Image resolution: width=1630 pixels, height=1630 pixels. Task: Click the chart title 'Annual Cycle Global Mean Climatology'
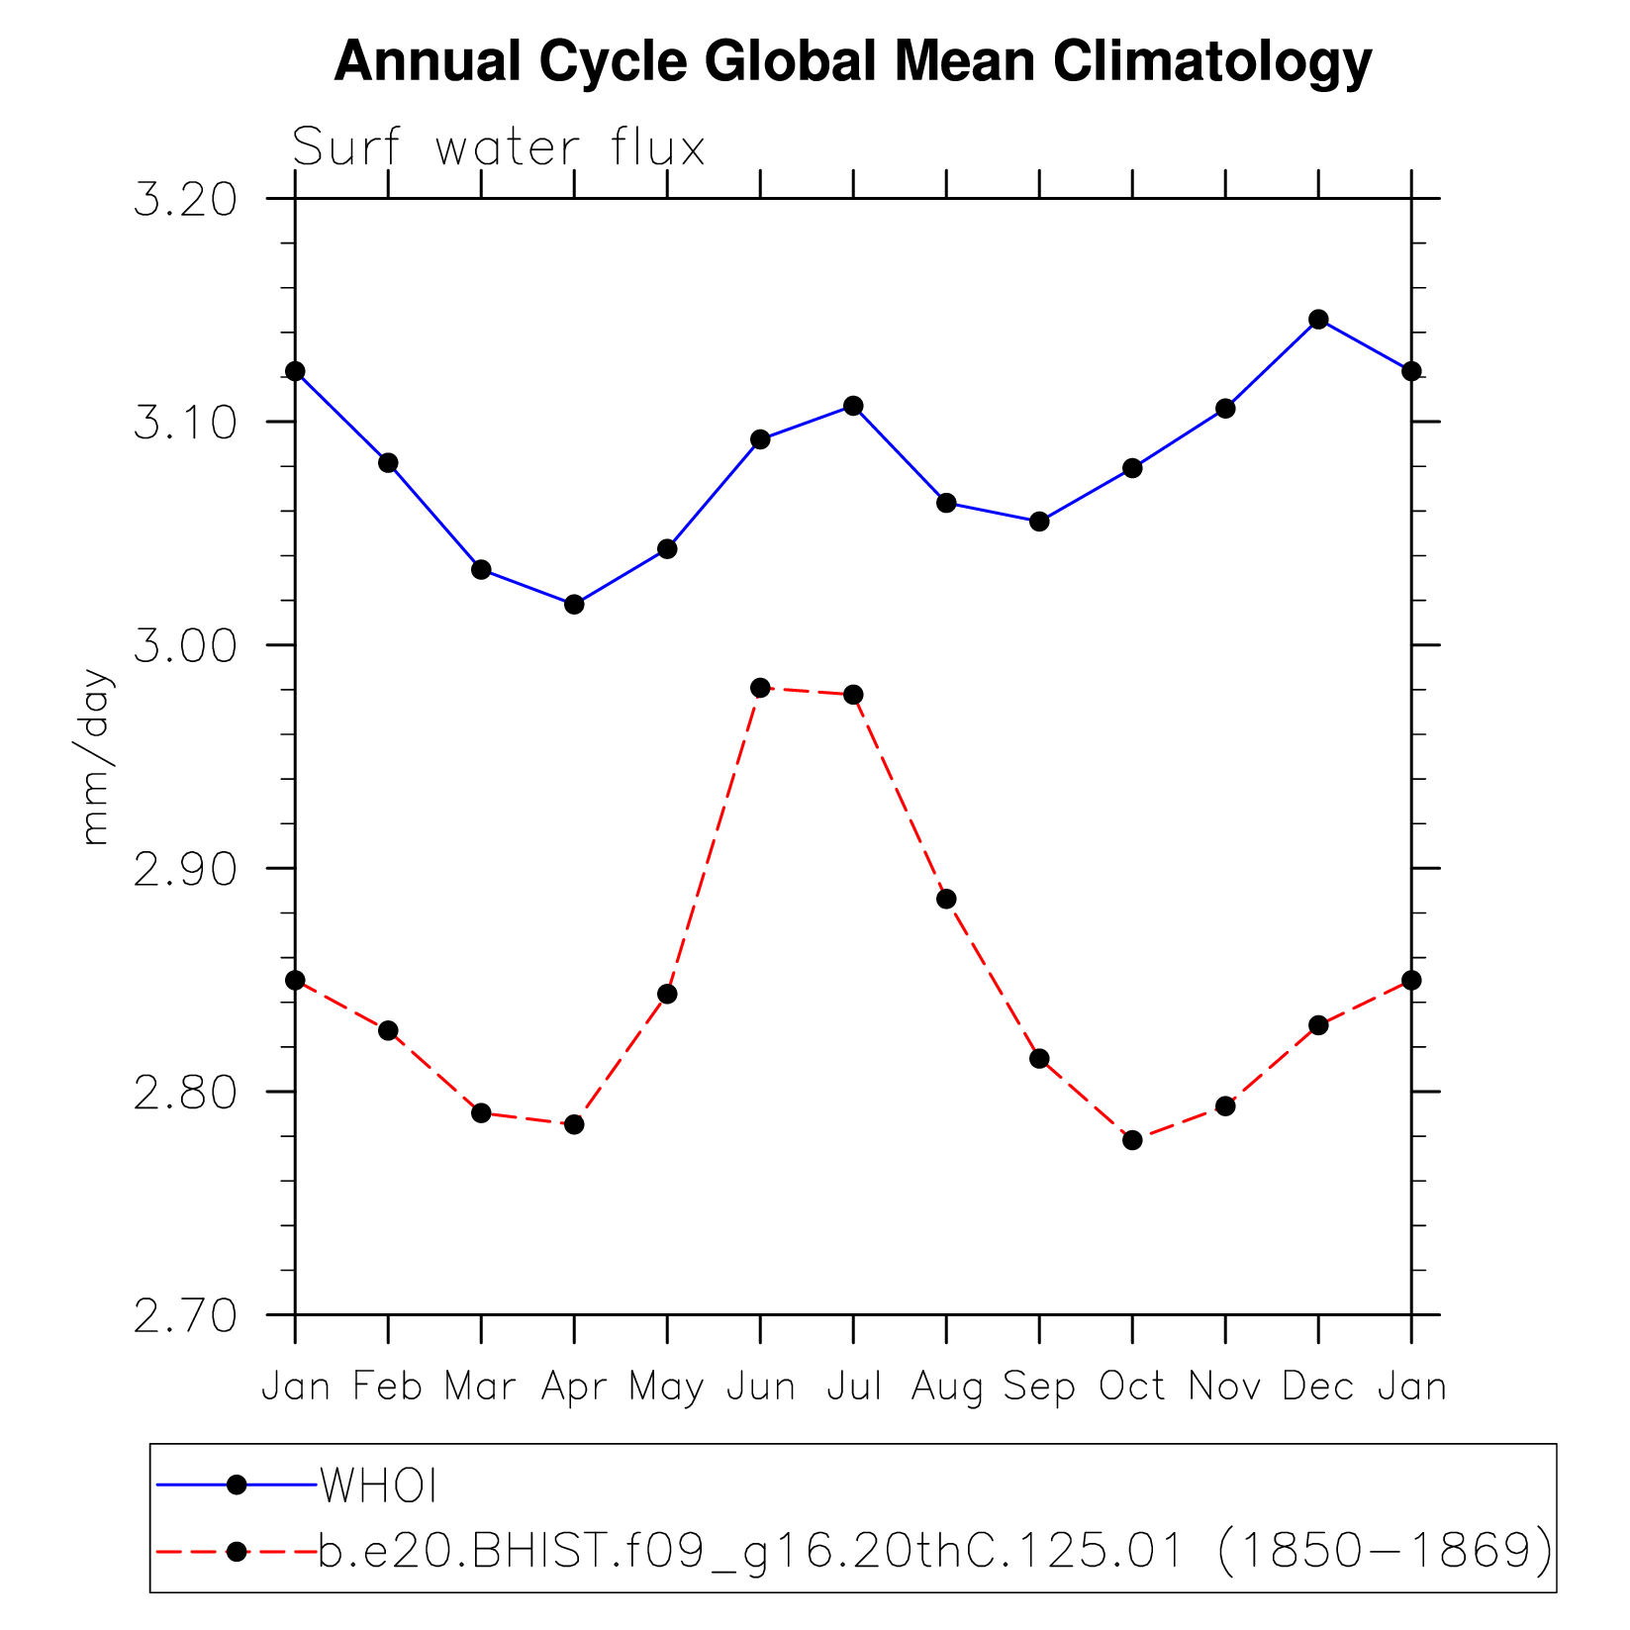coord(852,62)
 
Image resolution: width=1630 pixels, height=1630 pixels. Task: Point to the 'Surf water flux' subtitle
coord(498,148)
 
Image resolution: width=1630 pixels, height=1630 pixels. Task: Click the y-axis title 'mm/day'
coord(96,757)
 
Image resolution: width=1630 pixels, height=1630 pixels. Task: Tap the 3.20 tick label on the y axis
coord(186,200)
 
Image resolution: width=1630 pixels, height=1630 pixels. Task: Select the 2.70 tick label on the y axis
coord(186,1315)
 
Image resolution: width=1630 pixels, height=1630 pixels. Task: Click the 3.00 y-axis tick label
coord(186,646)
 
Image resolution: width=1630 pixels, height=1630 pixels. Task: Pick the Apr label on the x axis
coord(574,1388)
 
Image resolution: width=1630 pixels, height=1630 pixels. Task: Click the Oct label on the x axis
coord(1132,1388)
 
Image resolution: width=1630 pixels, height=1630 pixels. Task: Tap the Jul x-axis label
coord(853,1388)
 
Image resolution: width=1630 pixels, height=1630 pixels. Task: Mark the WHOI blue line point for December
coord(1318,320)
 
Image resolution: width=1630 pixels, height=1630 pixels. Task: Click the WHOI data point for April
coord(574,604)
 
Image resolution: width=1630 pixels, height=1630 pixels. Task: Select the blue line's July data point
coord(853,406)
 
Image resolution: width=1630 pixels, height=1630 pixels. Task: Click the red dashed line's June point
coord(760,688)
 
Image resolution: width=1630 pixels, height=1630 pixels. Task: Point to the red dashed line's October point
coord(1132,1140)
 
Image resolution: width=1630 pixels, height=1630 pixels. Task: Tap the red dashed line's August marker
coord(946,899)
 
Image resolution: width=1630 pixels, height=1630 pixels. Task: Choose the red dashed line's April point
coord(574,1124)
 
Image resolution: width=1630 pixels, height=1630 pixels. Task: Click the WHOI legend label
coord(378,1486)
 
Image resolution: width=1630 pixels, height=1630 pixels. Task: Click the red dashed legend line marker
coord(237,1551)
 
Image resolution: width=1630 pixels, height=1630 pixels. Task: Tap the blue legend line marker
coord(237,1485)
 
